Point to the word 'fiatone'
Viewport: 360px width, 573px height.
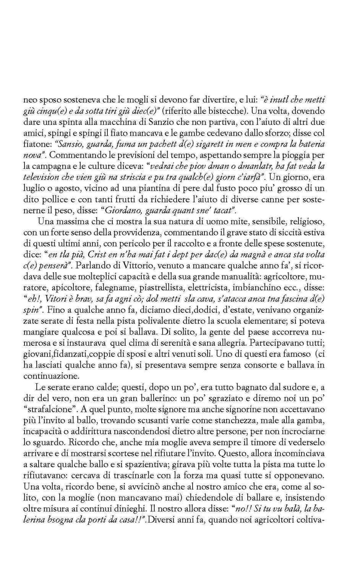coord(36,144)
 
